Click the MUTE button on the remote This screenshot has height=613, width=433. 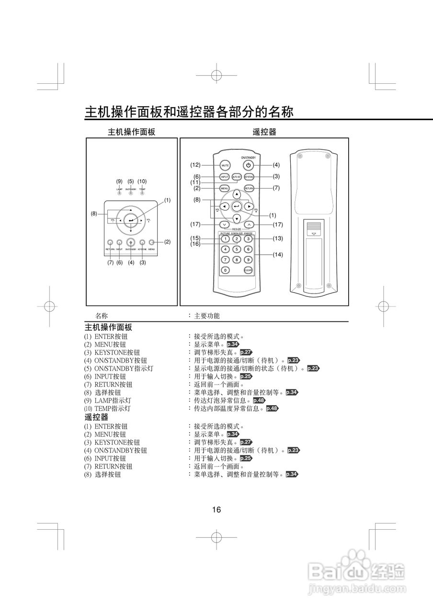pos(225,165)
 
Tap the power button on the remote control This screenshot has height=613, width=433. pos(248,165)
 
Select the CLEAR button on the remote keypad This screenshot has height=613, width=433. pos(248,270)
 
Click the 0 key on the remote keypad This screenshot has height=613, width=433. pos(225,270)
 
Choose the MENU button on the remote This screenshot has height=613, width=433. pos(225,189)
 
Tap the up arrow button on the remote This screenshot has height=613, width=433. pos(237,195)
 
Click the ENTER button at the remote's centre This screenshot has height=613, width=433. pos(237,206)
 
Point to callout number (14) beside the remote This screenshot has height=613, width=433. pos(278,255)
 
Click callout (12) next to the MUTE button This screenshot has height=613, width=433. pos(195,165)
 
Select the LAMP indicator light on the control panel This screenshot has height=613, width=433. pos(119,193)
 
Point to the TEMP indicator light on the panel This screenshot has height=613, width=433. pos(142,193)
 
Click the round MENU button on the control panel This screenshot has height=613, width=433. pos(151,243)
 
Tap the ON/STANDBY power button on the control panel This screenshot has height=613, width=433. pos(130,243)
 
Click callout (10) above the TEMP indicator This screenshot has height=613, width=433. pos(142,182)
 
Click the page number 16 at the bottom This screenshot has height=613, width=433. pos(216,510)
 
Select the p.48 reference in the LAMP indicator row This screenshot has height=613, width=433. pos(259,400)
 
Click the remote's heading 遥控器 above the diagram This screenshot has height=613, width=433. pos(264,132)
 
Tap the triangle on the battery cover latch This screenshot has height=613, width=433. pos(314,234)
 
